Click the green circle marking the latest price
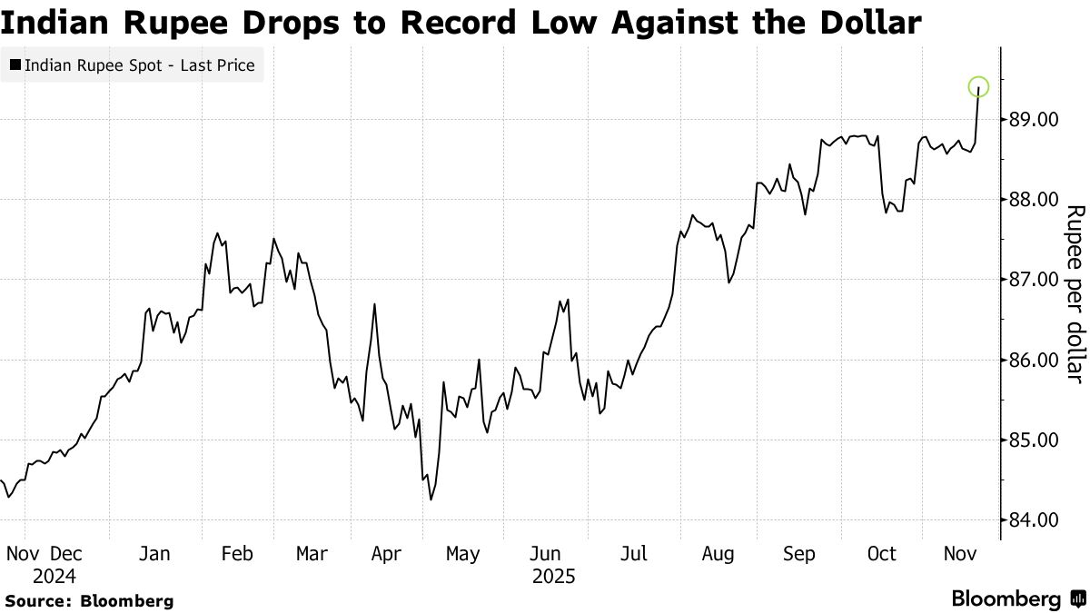point(978,87)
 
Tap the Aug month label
point(718,554)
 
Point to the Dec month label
point(67,554)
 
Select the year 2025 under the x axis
point(554,576)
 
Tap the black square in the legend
point(15,65)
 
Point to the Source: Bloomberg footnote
point(89,600)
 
